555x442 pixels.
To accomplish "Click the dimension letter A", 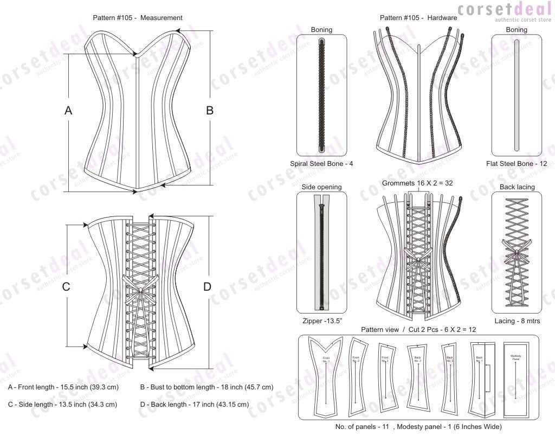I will tap(68, 111).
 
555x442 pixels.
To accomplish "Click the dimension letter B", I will tap(210, 111).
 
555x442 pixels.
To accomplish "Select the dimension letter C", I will tap(66, 287).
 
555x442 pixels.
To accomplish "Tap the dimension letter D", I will tap(207, 287).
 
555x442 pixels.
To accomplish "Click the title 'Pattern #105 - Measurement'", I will tap(138, 18).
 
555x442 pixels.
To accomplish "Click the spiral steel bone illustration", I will tap(321, 95).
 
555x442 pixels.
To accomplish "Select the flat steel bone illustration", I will tap(516, 95).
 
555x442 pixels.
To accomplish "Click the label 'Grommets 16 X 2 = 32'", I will tap(417, 183).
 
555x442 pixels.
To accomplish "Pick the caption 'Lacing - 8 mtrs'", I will tap(516, 321).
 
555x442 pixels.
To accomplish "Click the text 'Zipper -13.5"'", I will tap(322, 321).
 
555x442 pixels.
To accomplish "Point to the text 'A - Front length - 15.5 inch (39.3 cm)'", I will tap(63, 387).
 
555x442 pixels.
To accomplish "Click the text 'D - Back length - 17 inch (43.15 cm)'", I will tap(195, 405).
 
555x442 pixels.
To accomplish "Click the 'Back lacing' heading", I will tap(516, 187).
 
